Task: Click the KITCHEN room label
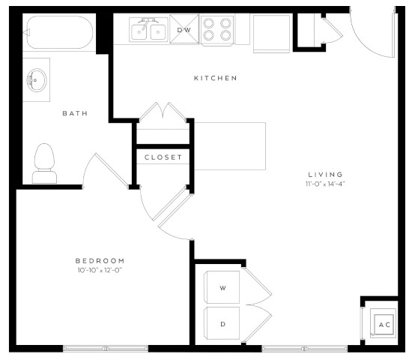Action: click(x=215, y=78)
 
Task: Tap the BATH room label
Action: click(x=74, y=113)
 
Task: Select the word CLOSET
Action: click(x=163, y=157)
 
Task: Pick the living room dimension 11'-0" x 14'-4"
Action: click(x=324, y=183)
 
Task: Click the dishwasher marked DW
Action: click(x=184, y=30)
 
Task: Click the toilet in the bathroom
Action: click(x=44, y=163)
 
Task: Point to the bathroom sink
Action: click(x=35, y=78)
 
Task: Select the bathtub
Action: click(x=58, y=33)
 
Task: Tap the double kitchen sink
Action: click(x=148, y=31)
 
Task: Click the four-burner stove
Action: click(x=217, y=30)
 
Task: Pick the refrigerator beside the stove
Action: click(x=267, y=33)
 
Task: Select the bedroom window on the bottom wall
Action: click(x=105, y=349)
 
